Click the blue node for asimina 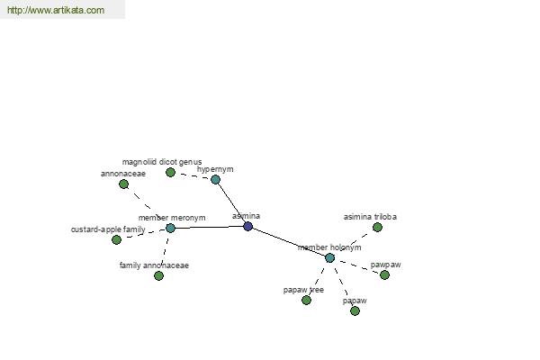click(248, 226)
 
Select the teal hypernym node click(215, 179)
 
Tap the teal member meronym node click(170, 228)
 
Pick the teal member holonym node click(329, 257)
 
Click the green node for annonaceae click(123, 184)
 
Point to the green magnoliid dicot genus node click(170, 172)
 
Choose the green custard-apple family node click(117, 239)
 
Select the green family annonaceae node click(158, 275)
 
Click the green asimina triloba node click(377, 228)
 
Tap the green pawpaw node click(384, 274)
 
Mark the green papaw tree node click(306, 301)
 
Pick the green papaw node click(355, 311)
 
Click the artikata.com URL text click(56, 10)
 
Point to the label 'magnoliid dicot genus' click(162, 162)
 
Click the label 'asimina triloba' click(370, 217)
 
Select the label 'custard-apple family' click(108, 229)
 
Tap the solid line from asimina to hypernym click(231, 202)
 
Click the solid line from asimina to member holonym click(289, 242)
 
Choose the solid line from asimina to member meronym click(209, 228)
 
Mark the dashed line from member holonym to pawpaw click(357, 266)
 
